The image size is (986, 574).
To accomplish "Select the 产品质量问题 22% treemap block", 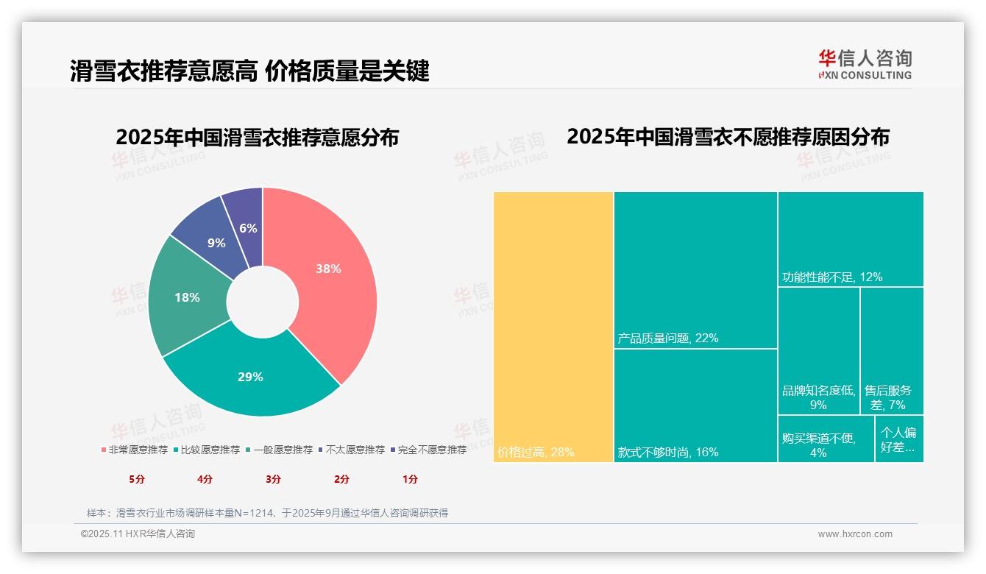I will (x=695, y=269).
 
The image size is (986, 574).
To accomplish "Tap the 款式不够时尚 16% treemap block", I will (x=695, y=405).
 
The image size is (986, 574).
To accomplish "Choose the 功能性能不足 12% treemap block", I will (x=851, y=239).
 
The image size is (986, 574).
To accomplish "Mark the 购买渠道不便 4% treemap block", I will (x=826, y=439).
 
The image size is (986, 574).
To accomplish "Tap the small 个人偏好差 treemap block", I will (x=899, y=439).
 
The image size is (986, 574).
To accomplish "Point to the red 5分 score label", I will (x=138, y=479).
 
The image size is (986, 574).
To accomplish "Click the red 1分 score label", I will (x=410, y=479).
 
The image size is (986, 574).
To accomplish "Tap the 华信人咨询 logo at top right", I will (x=865, y=64).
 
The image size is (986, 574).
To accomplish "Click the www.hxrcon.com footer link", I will (x=855, y=534).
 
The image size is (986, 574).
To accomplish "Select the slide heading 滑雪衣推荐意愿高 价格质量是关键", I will (x=249, y=71).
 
